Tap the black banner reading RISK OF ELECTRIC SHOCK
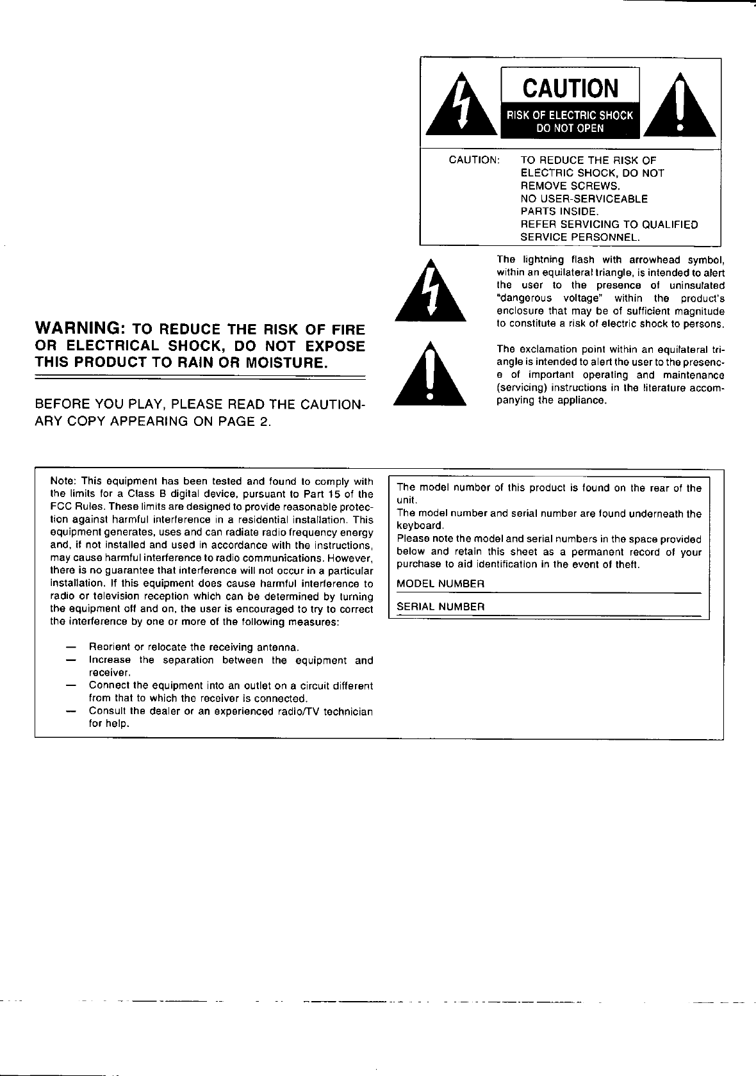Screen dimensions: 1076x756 tap(570, 115)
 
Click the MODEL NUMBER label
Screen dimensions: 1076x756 tap(440, 584)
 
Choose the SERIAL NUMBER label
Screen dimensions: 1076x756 tap(440, 607)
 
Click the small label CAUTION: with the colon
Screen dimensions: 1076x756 tap(474, 160)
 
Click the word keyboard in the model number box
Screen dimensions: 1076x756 tap(416, 526)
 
